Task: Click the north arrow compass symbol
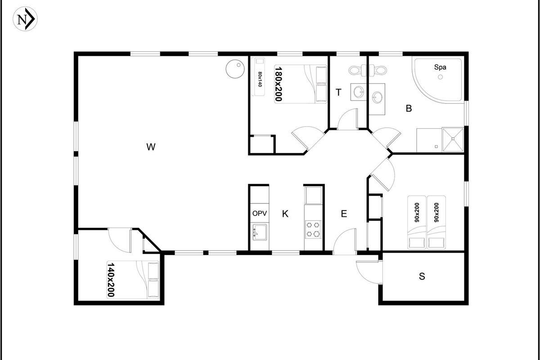[x=25, y=19]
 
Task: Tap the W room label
[x=151, y=147]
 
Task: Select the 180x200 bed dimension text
[x=279, y=84]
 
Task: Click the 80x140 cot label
[x=260, y=79]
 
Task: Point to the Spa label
[x=440, y=67]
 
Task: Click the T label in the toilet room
[x=338, y=92]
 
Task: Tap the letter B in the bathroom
[x=409, y=108]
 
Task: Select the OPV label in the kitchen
[x=259, y=213]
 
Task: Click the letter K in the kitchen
[x=285, y=214]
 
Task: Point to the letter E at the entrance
[x=344, y=214]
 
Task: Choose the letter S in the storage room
[x=422, y=276]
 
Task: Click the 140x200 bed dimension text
[x=111, y=280]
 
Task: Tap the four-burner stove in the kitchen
[x=313, y=229]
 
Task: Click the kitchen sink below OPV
[x=260, y=232]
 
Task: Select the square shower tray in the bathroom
[x=453, y=139]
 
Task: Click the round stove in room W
[x=235, y=69]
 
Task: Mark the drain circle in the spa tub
[x=440, y=77]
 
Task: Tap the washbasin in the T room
[x=359, y=92]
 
